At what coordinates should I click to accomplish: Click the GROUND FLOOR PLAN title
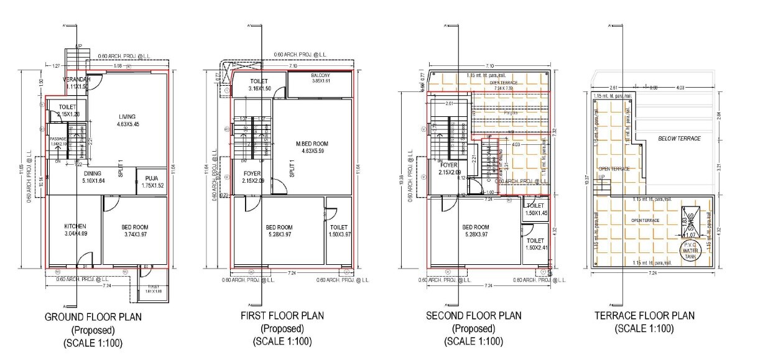(93, 316)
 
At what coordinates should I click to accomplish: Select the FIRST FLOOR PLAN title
(282, 316)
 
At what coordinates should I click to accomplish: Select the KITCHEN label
(75, 226)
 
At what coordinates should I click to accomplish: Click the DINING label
(93, 173)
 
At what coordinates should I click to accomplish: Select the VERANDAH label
(77, 80)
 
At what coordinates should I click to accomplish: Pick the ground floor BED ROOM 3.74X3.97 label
(135, 227)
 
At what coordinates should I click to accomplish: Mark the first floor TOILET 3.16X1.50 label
(259, 81)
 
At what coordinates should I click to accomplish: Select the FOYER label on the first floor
(252, 173)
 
